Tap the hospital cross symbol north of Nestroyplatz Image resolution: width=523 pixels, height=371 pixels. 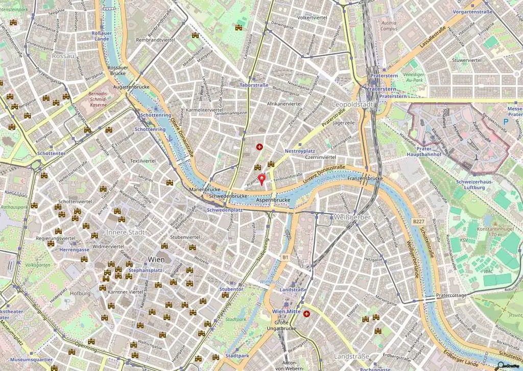[259, 147]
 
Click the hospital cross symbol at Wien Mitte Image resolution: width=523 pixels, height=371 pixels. [306, 314]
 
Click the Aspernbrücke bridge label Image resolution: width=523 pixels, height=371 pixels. [273, 200]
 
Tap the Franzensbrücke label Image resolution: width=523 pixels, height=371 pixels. [365, 179]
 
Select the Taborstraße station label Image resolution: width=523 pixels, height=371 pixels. [254, 85]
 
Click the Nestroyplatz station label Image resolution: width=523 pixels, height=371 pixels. [299, 151]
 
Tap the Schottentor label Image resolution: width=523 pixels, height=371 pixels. [51, 153]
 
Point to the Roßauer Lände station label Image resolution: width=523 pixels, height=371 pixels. [101, 36]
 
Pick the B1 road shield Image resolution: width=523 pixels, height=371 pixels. [285, 258]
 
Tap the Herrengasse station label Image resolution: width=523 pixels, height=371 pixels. [75, 250]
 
